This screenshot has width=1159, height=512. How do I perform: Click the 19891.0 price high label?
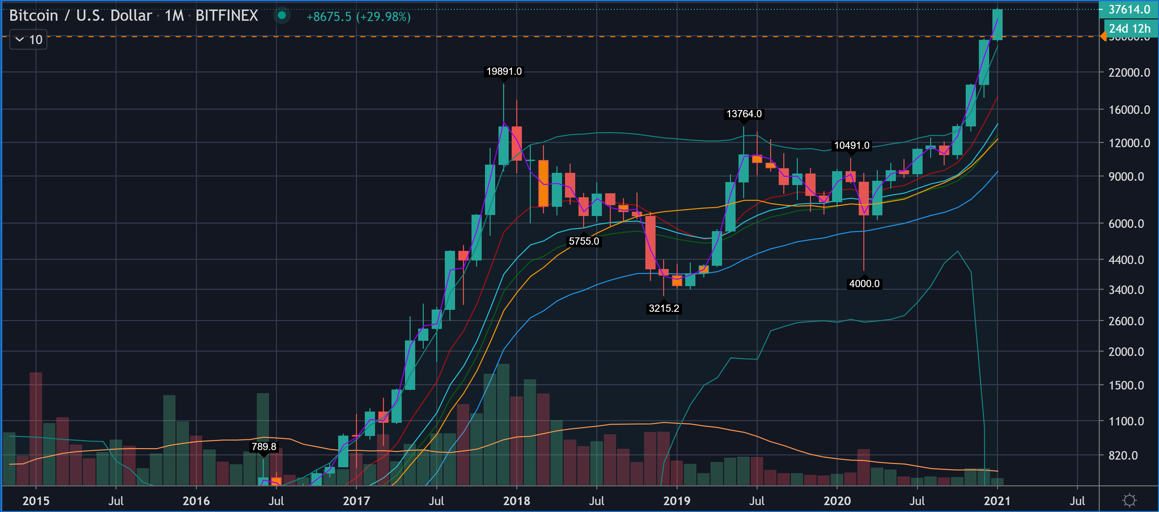pyautogui.click(x=504, y=71)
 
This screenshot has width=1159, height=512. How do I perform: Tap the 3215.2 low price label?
pyautogui.click(x=664, y=308)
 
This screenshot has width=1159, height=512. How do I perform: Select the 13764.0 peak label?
pyautogui.click(x=744, y=114)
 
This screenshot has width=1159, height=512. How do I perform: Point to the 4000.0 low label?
pyautogui.click(x=864, y=283)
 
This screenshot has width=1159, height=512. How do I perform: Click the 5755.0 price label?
pyautogui.click(x=583, y=241)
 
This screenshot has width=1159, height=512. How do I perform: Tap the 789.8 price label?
pyautogui.click(x=264, y=446)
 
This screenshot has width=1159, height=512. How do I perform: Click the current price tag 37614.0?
pyautogui.click(x=1128, y=10)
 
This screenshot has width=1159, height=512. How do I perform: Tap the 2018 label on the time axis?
pyautogui.click(x=517, y=501)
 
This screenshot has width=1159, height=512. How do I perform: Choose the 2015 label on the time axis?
pyautogui.click(x=36, y=501)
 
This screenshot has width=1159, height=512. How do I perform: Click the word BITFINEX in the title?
pyautogui.click(x=227, y=16)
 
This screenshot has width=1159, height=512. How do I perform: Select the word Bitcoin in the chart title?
pyautogui.click(x=34, y=16)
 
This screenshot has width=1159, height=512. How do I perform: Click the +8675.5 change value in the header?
pyautogui.click(x=329, y=17)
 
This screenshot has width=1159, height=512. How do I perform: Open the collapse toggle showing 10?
pyautogui.click(x=28, y=40)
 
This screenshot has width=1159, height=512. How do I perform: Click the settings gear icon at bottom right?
pyautogui.click(x=1129, y=500)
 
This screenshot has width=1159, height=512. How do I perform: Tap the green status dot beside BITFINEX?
pyautogui.click(x=282, y=16)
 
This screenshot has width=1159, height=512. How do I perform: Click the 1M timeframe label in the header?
pyautogui.click(x=174, y=16)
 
